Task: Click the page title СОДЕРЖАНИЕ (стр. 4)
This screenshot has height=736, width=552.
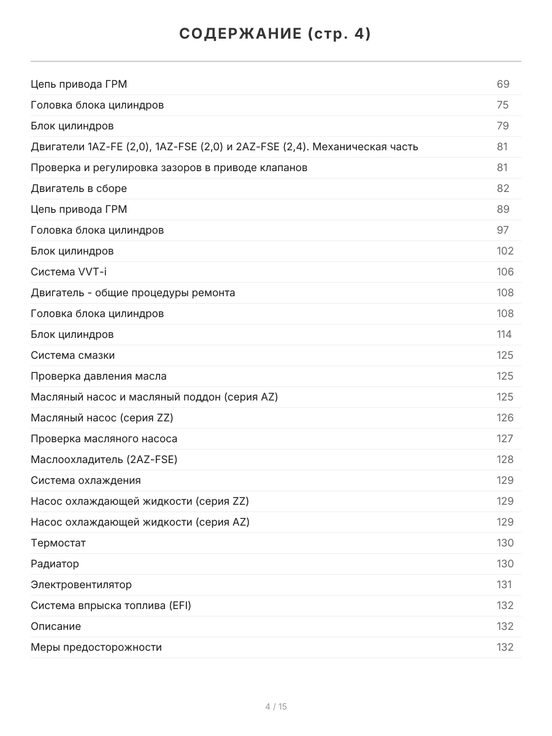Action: [x=275, y=34]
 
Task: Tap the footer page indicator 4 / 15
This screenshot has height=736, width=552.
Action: [x=275, y=707]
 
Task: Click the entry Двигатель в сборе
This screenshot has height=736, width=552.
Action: [x=79, y=188]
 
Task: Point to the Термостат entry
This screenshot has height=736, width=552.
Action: [x=58, y=543]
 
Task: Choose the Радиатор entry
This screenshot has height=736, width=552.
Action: [x=55, y=564]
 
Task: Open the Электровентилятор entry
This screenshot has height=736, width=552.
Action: [x=81, y=585]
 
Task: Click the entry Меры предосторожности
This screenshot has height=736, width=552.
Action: [x=96, y=647]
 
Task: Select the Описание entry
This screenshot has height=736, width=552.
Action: [x=56, y=626]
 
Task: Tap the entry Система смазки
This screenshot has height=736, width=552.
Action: [x=72, y=355]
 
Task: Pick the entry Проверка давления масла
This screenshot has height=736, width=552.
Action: [x=98, y=376]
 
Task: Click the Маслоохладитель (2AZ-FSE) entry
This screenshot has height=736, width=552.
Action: [x=104, y=459]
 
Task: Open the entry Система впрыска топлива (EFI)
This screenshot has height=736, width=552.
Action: [x=111, y=605]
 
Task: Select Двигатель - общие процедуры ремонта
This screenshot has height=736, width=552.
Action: [x=132, y=293]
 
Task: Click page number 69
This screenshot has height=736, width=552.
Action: [x=503, y=84]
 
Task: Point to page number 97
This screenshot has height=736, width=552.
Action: [x=503, y=230]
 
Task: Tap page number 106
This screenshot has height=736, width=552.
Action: [x=505, y=272]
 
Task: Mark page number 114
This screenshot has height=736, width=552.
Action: [x=504, y=334]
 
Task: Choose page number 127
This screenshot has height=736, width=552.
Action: [x=505, y=439]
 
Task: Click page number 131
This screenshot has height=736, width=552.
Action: [x=504, y=585]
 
